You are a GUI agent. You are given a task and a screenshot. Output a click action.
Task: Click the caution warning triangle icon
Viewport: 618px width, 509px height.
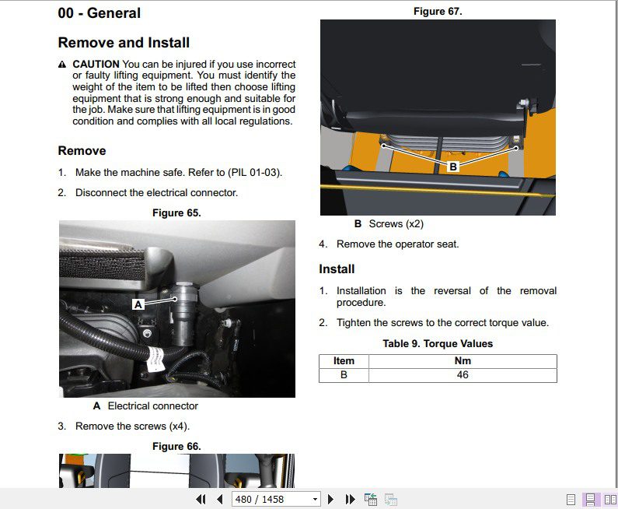coord(62,65)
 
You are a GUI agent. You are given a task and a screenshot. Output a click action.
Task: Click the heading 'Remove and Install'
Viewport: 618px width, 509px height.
coord(124,43)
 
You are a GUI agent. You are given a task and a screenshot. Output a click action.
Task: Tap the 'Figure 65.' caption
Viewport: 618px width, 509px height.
coord(176,213)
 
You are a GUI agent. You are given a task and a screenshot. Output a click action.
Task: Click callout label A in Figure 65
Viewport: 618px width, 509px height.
coord(138,304)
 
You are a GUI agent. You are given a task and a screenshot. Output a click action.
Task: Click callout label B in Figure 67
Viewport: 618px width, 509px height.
coord(453,167)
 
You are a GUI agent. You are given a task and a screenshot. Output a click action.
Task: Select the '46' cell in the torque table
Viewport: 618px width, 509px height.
coord(463,375)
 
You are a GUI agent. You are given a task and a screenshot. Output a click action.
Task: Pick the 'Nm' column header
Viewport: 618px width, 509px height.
coord(463,361)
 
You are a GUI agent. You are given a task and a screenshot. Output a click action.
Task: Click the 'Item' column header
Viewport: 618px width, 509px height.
coord(344,361)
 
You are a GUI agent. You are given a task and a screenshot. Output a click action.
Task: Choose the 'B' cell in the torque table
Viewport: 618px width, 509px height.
coord(344,375)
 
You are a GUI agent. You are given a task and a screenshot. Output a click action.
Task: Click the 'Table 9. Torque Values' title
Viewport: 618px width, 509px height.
coord(438,344)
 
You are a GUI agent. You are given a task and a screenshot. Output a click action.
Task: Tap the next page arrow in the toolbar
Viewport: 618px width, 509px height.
coord(330,500)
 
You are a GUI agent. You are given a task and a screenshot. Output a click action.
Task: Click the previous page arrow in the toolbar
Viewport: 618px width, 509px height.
coord(220,500)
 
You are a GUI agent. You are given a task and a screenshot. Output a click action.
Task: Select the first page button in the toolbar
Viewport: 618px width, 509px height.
coord(201,500)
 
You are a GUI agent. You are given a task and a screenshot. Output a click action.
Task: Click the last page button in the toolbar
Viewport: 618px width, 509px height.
coord(350,500)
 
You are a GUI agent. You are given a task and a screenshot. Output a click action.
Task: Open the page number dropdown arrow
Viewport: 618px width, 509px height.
coord(315,500)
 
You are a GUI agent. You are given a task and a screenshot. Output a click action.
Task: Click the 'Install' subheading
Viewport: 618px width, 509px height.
coord(337,269)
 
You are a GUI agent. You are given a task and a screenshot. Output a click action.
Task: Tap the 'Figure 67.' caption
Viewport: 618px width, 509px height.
coord(438,12)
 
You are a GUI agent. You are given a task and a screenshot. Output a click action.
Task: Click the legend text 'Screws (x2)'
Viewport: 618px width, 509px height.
coord(396,224)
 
